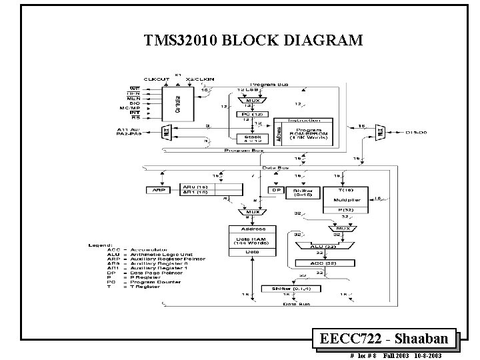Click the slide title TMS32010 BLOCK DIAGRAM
[253, 40]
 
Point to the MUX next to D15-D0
[381, 132]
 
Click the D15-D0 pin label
[418, 132]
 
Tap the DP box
[275, 190]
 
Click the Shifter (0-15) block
[303, 193]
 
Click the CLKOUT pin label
[156, 80]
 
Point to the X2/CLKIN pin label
[200, 80]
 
